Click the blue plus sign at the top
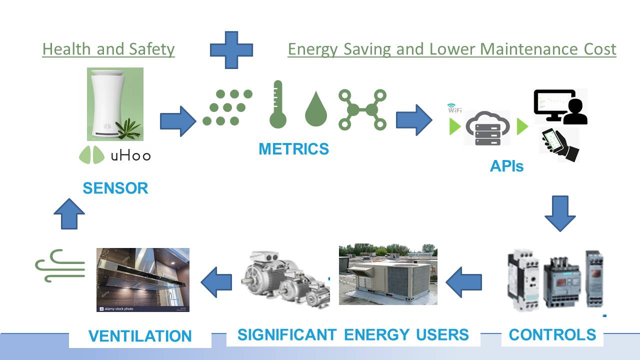(231, 50)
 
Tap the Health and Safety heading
(108, 49)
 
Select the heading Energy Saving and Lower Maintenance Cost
(451, 49)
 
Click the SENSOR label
(115, 188)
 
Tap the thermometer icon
(278, 104)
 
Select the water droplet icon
(315, 108)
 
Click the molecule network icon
(362, 109)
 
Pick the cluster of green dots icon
(227, 107)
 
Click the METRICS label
(294, 148)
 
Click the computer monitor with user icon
(560, 106)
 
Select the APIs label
(506, 166)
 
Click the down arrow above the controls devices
(560, 213)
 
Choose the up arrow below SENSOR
(69, 213)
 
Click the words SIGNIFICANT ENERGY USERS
(353, 334)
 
